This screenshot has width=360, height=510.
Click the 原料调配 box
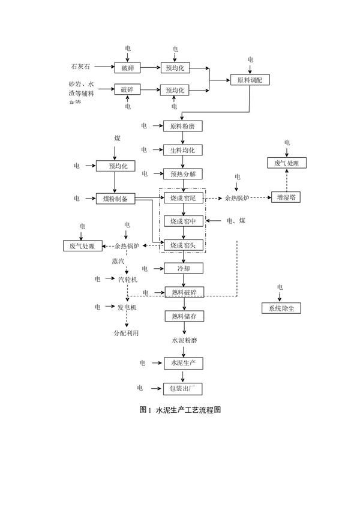pyautogui.click(x=250, y=80)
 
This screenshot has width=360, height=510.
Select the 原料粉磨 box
pyautogui.click(x=183, y=126)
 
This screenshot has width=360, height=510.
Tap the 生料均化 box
pyautogui.click(x=183, y=150)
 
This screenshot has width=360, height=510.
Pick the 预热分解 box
pyautogui.click(x=183, y=174)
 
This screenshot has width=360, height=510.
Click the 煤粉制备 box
pyautogui.click(x=115, y=199)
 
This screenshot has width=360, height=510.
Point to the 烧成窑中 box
pyautogui.click(x=183, y=221)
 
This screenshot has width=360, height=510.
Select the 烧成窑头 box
pyautogui.click(x=183, y=245)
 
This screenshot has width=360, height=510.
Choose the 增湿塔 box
pyautogui.click(x=286, y=197)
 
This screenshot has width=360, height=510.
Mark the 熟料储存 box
pyautogui.click(x=183, y=316)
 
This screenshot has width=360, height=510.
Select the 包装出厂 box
pyautogui.click(x=183, y=389)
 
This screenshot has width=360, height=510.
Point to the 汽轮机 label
pyautogui.click(x=127, y=280)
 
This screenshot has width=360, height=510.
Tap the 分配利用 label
pyautogui.click(x=126, y=333)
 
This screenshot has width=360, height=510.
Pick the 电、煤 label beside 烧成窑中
pyautogui.click(x=235, y=221)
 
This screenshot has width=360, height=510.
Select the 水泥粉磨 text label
pyautogui.click(x=183, y=340)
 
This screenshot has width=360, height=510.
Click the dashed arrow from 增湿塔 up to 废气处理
pyautogui.click(x=286, y=180)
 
